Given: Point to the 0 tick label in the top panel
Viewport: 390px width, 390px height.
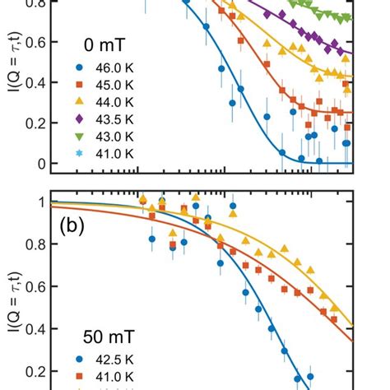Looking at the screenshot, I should [38, 164].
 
